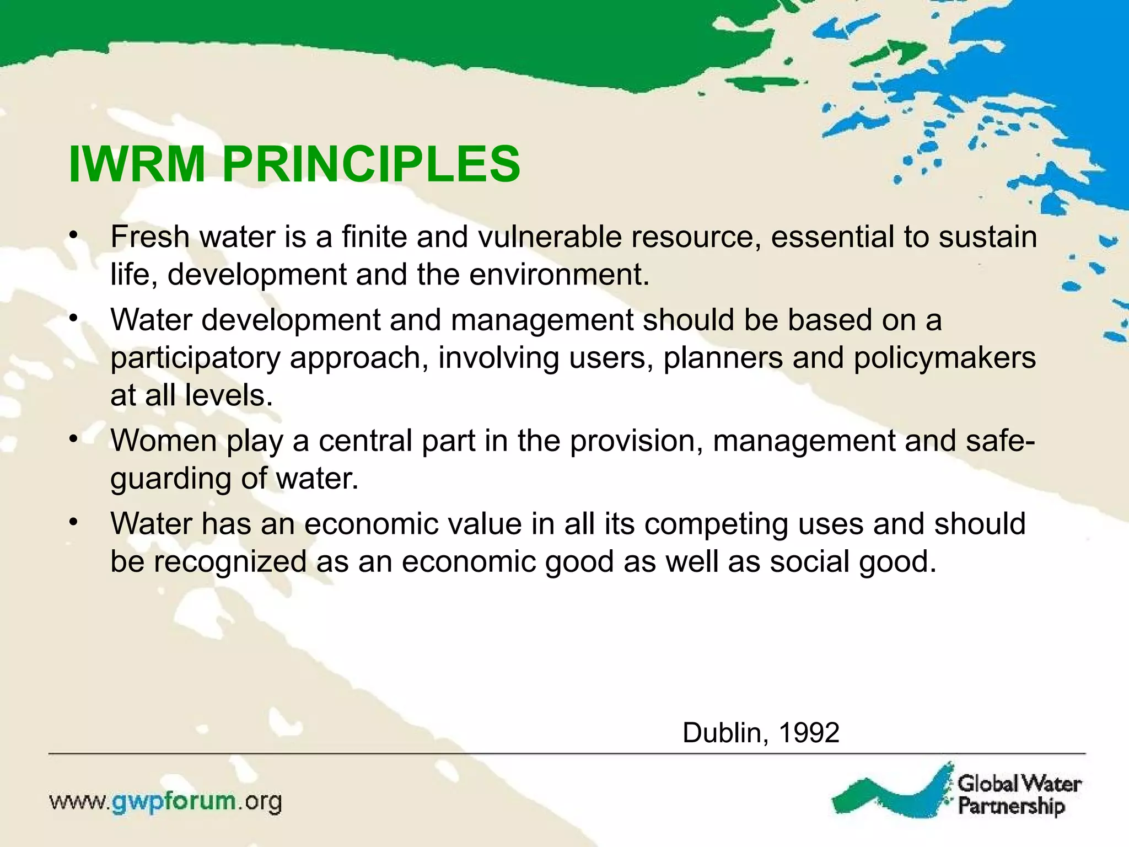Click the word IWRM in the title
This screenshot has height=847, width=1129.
[x=137, y=164]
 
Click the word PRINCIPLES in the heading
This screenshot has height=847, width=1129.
[x=371, y=164]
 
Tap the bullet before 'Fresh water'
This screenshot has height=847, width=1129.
[x=74, y=237]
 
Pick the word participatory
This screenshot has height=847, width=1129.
[x=195, y=358]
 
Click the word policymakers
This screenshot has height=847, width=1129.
[x=945, y=358]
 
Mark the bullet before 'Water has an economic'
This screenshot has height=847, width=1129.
[x=74, y=523]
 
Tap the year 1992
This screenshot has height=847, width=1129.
[x=808, y=733]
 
